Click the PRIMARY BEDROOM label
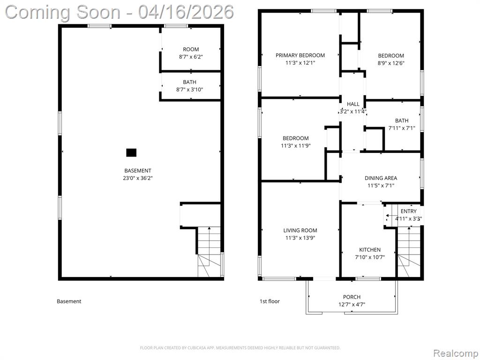click(300, 55)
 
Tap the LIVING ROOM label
click(300, 231)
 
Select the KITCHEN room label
click(370, 250)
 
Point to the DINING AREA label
click(381, 178)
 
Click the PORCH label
click(352, 297)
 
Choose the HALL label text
click(353, 104)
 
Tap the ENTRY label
click(409, 211)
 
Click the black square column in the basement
click(131, 152)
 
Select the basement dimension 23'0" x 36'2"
click(138, 178)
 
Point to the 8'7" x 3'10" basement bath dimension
click(189, 90)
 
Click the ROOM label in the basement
click(191, 49)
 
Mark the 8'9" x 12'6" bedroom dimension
click(391, 63)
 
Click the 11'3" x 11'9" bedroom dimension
click(296, 146)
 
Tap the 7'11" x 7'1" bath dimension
click(402, 128)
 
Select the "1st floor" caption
click(270, 301)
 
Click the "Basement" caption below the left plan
click(69, 301)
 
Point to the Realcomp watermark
click(455, 353)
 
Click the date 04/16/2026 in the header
click(186, 12)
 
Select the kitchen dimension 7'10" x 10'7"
click(370, 257)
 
